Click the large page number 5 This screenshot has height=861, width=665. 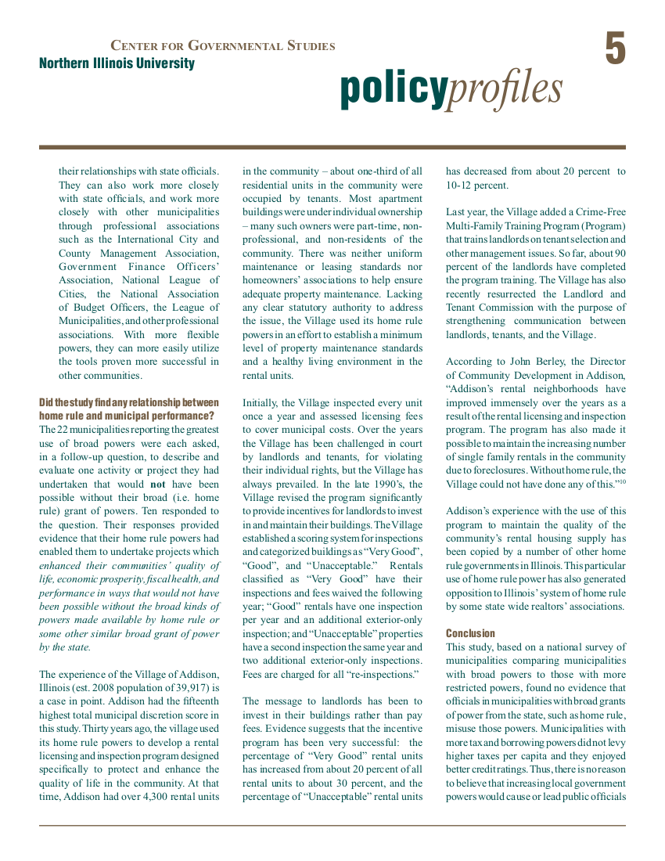(x=615, y=49)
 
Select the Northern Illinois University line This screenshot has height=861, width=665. (x=117, y=63)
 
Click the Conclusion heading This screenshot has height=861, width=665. (x=470, y=633)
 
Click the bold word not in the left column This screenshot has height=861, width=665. (x=157, y=484)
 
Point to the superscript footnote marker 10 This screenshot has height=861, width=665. (x=622, y=481)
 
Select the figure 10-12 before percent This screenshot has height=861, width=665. (x=462, y=186)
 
